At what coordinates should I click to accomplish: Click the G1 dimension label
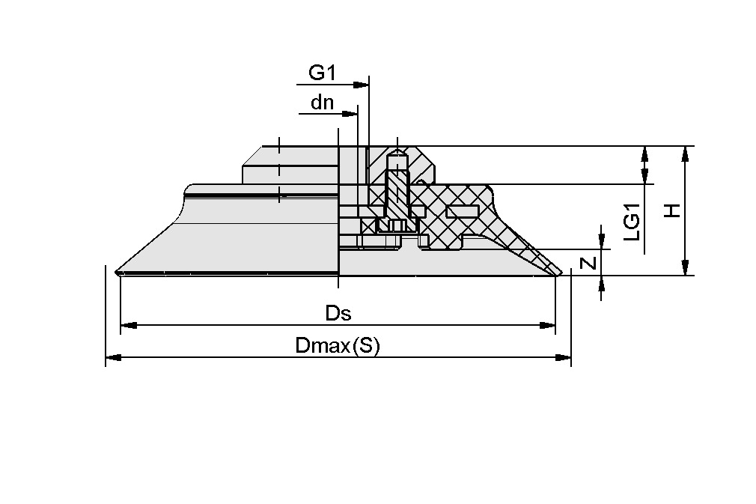(x=322, y=73)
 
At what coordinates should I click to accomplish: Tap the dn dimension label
(x=323, y=103)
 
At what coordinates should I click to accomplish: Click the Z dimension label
(x=589, y=263)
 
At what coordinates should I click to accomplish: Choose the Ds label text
(x=338, y=313)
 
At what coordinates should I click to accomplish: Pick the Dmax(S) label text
(x=338, y=346)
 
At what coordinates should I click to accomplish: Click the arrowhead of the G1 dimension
(x=362, y=84)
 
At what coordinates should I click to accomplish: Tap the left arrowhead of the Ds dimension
(x=128, y=326)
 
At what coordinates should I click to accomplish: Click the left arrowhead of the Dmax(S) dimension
(x=113, y=358)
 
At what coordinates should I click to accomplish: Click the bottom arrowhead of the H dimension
(x=684, y=268)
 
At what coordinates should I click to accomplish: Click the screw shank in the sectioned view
(x=397, y=195)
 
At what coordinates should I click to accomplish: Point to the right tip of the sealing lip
(x=563, y=272)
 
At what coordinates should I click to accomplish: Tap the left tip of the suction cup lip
(x=118, y=271)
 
